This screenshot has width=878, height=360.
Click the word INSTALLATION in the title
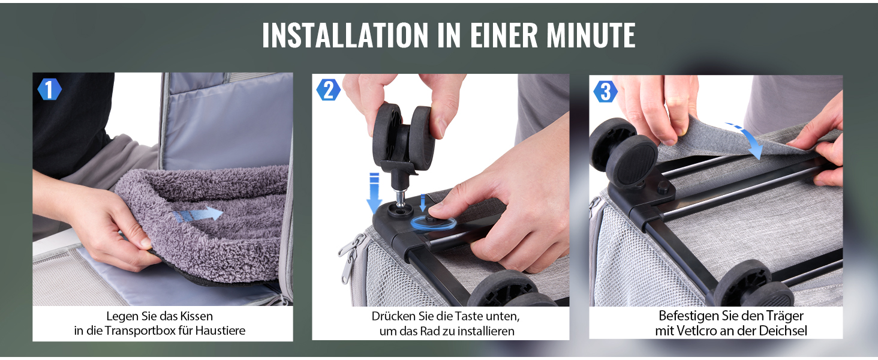[x=345, y=35]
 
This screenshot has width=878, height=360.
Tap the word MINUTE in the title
[x=591, y=35]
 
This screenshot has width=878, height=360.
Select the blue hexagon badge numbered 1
[x=49, y=89]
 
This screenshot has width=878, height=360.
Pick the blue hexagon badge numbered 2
[x=329, y=90]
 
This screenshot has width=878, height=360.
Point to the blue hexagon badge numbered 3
[x=606, y=91]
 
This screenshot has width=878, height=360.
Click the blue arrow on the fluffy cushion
[x=198, y=214]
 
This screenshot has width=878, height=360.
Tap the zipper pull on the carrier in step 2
[x=347, y=259]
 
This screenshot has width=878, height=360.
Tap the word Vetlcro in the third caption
[x=697, y=331]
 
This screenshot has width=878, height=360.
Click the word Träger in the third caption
[x=783, y=316]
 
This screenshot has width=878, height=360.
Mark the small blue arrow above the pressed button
[x=423, y=202]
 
